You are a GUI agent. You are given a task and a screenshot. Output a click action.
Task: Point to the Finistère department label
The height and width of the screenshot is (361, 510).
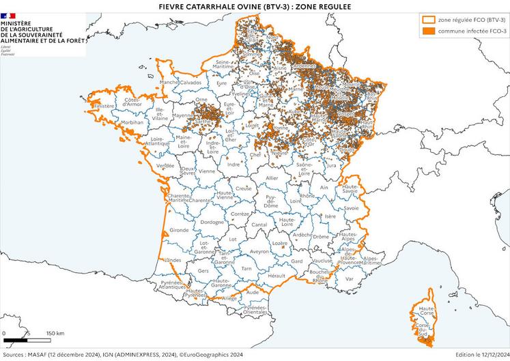coord(104,106)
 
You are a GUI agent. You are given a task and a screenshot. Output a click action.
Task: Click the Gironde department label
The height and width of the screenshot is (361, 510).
coord(180,231)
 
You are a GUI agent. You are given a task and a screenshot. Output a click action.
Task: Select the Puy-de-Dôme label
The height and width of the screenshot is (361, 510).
coord(271,201)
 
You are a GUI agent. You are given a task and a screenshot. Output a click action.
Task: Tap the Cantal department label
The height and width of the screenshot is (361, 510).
coord(259,225)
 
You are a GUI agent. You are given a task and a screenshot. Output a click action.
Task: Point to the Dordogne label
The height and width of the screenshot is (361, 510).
coord(212,222)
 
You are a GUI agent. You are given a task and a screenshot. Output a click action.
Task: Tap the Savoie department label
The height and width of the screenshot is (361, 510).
coord(351,207)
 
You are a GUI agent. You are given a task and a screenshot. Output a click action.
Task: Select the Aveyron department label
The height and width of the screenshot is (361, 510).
coord(259,251)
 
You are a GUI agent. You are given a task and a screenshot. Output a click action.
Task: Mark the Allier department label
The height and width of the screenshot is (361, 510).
coord(272,177)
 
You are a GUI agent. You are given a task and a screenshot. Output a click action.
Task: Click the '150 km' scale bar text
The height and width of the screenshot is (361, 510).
coord(55,334)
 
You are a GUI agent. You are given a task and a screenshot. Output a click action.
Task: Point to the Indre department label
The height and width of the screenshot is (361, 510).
coord(233,164)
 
